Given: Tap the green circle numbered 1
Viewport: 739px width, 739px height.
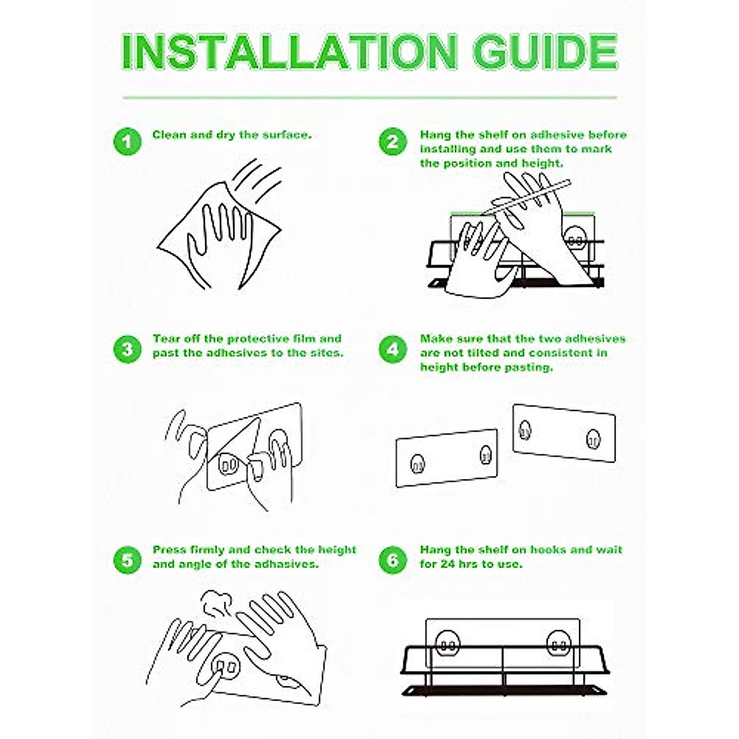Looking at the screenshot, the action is (127, 142).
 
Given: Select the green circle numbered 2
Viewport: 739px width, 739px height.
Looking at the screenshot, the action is (393, 142).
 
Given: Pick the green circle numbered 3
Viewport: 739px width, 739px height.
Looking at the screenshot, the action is (127, 349).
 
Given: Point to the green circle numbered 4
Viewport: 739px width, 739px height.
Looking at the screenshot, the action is (393, 349).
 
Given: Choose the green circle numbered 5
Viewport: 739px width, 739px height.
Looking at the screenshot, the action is (127, 560).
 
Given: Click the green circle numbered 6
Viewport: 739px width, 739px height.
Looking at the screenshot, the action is (393, 560).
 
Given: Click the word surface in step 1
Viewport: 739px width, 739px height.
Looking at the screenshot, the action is (287, 135).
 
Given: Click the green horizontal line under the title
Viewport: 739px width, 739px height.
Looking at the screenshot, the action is (369, 97).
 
